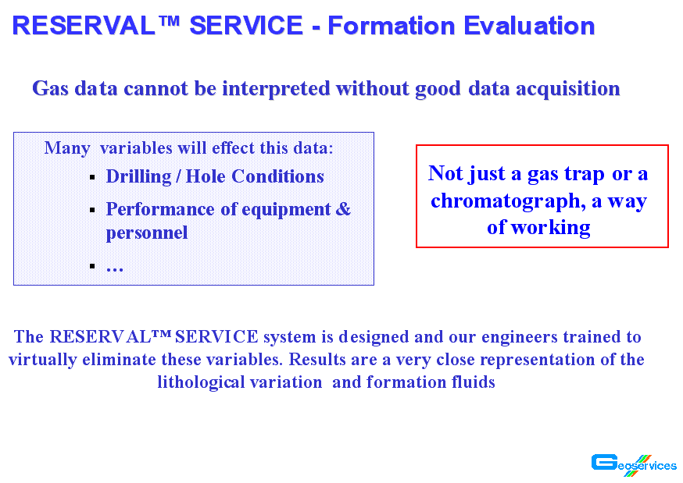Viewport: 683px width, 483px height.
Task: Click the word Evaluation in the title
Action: (529, 26)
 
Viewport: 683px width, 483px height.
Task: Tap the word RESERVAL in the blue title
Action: (84, 26)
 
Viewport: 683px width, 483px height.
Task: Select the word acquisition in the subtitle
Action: (567, 89)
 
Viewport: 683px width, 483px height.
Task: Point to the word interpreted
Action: (276, 89)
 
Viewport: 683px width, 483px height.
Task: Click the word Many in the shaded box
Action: (67, 149)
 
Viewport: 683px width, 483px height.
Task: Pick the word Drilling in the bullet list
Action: (139, 177)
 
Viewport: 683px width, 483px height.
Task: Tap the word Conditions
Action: (277, 176)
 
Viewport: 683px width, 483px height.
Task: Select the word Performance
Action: (160, 210)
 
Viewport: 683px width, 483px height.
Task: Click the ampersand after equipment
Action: (343, 209)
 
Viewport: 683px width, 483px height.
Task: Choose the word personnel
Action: (147, 233)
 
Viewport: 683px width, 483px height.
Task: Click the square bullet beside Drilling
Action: (92, 177)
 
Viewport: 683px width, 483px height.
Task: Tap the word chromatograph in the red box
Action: (508, 201)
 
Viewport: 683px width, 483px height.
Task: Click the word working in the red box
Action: (551, 229)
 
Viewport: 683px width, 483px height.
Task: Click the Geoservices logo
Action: (634, 465)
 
